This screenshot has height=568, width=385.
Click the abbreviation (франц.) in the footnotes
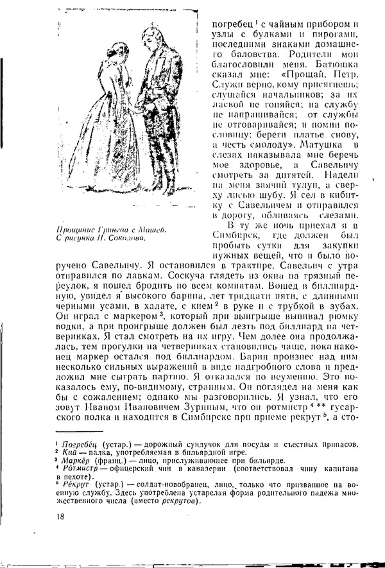[113, 460]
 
